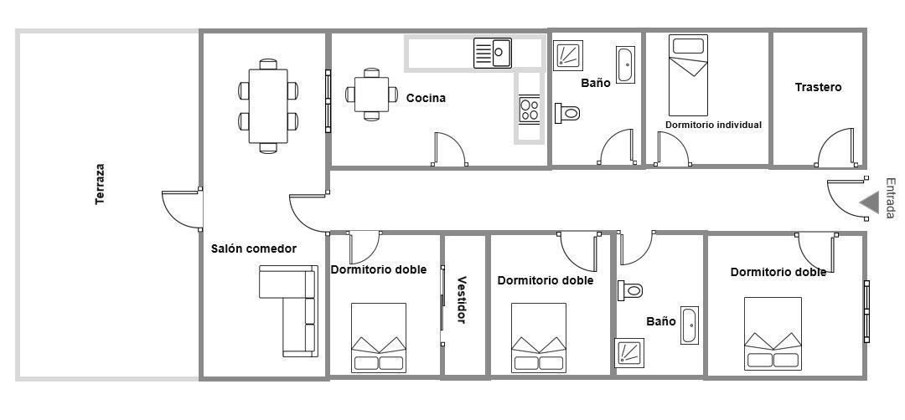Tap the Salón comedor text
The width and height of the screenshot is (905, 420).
pos(253,248)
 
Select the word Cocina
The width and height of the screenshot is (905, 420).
pos(426,98)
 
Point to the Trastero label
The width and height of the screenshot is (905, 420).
pos(818,87)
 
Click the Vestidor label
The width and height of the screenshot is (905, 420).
pos(461,300)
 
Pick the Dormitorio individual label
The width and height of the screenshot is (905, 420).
pos(713,125)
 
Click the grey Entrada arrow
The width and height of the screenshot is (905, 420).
pos(869,202)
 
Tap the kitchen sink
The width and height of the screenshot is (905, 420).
pos(493,53)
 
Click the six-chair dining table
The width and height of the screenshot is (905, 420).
pos(268,105)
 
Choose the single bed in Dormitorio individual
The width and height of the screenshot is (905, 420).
pos(689,75)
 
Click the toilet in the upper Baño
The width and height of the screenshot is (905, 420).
pos(568,112)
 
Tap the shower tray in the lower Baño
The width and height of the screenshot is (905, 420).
pos(628,352)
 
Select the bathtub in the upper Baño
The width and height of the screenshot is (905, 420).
pos(625,65)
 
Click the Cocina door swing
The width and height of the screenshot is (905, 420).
pos(448,150)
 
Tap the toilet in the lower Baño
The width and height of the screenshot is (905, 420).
pos(631,290)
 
